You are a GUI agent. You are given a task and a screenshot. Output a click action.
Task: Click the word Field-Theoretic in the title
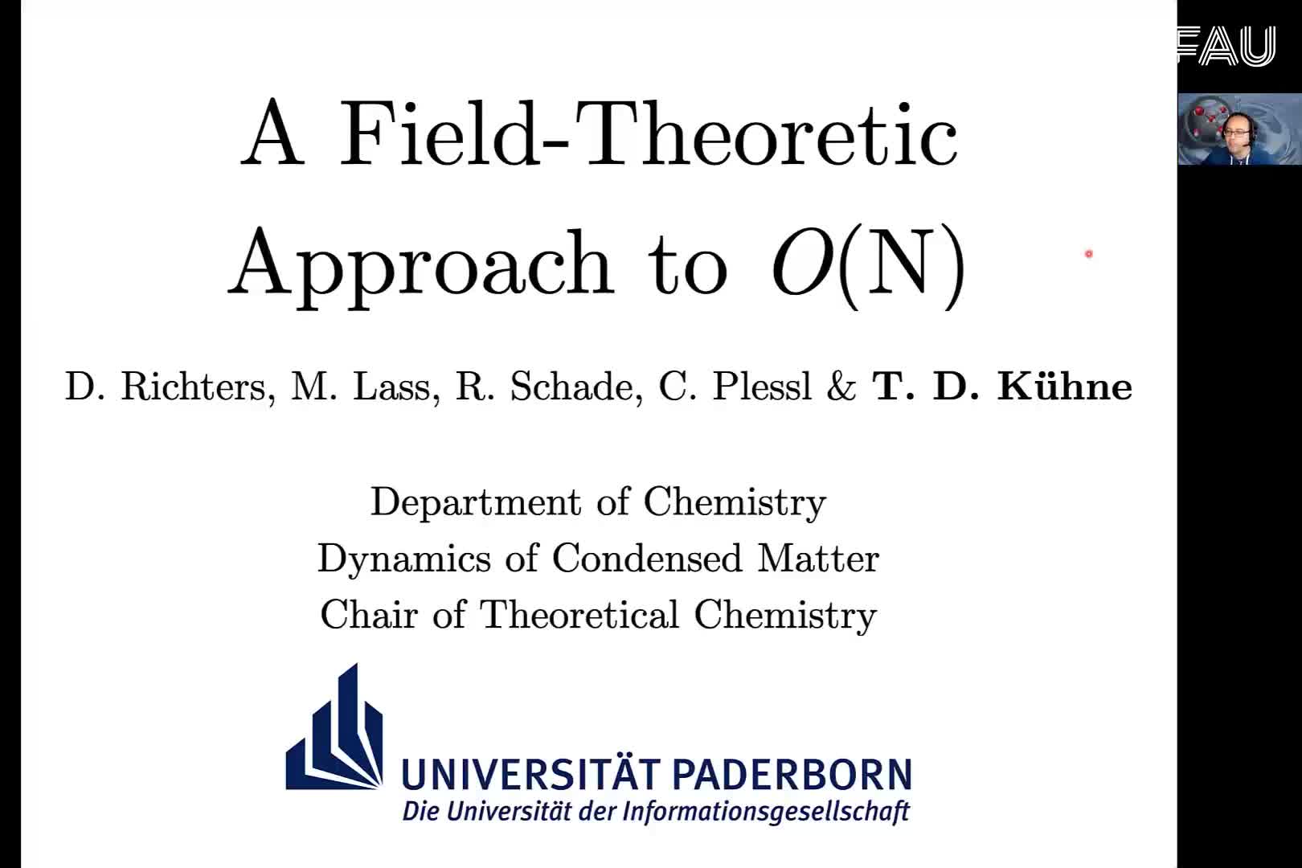(x=648, y=135)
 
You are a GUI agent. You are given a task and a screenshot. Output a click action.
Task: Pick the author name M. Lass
(x=365, y=387)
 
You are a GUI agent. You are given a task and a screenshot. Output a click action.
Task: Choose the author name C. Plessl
(x=735, y=387)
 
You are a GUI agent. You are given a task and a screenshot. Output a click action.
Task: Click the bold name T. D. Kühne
(x=1002, y=386)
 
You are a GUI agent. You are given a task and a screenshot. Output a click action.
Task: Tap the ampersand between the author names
(x=841, y=387)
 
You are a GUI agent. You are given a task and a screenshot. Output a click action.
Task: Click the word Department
(x=476, y=503)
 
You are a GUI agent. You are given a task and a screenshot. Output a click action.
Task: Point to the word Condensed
(x=647, y=559)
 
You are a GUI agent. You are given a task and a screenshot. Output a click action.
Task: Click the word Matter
(x=818, y=559)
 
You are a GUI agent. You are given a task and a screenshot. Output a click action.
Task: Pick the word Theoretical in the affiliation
(x=579, y=615)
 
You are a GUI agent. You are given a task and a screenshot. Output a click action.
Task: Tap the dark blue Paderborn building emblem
(x=334, y=727)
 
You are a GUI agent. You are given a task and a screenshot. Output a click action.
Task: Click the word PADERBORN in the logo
(x=792, y=775)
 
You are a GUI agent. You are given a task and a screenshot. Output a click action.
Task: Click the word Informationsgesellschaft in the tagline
(x=766, y=813)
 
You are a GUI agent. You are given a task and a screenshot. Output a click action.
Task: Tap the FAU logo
(x=1226, y=46)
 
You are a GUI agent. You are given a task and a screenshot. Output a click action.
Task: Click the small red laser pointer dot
(x=1089, y=254)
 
